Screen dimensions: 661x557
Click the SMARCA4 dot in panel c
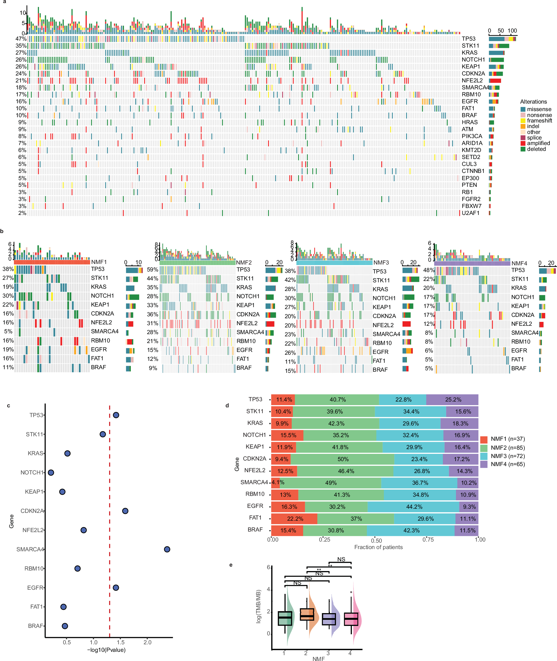tap(167, 549)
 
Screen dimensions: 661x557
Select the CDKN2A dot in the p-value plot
tap(125, 511)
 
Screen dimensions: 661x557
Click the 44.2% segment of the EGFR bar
tap(413, 506)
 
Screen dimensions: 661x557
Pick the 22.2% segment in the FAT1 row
tap(294, 518)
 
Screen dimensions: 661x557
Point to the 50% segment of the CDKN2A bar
tap(343, 459)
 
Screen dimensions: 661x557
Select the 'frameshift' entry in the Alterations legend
tap(539, 121)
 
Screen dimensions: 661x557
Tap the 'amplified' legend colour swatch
tap(523, 143)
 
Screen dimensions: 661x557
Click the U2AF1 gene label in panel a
tap(470, 213)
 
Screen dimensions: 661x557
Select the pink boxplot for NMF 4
tap(351, 619)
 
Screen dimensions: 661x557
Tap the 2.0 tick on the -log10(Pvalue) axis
tap(148, 642)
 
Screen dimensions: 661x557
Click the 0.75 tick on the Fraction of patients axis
tap(428, 539)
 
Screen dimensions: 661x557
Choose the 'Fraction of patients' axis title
tap(378, 547)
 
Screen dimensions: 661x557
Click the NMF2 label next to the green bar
tap(244, 263)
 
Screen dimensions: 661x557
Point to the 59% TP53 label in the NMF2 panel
tap(152, 270)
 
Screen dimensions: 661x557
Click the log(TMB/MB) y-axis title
tap(259, 606)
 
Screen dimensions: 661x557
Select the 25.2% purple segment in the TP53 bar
tap(453, 400)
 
